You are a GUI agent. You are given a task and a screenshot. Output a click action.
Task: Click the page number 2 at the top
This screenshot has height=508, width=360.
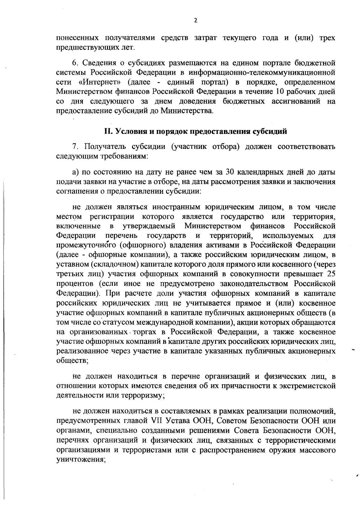click(196, 20)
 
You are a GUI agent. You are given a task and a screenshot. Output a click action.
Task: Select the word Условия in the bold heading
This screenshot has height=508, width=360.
click(130, 131)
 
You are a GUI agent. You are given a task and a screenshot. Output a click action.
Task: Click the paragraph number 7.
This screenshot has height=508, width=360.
click(75, 147)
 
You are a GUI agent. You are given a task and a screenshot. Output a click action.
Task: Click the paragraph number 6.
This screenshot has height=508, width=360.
click(75, 63)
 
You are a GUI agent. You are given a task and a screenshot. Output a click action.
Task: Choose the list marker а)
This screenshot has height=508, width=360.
click(75, 172)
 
